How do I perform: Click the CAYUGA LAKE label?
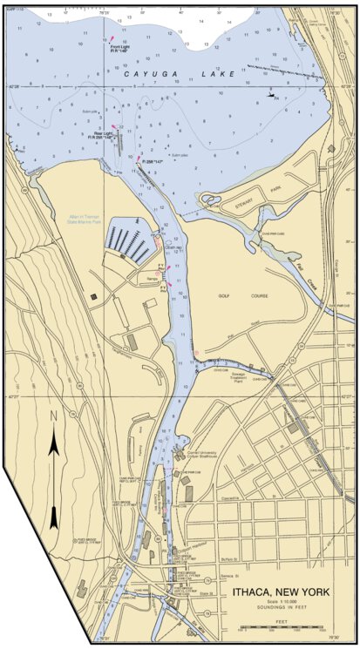(180, 75)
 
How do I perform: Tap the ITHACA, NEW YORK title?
(281, 592)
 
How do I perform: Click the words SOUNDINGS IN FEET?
(281, 609)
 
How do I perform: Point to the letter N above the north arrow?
(52, 417)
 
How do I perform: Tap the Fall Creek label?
(302, 271)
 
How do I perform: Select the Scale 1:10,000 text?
(281, 602)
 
